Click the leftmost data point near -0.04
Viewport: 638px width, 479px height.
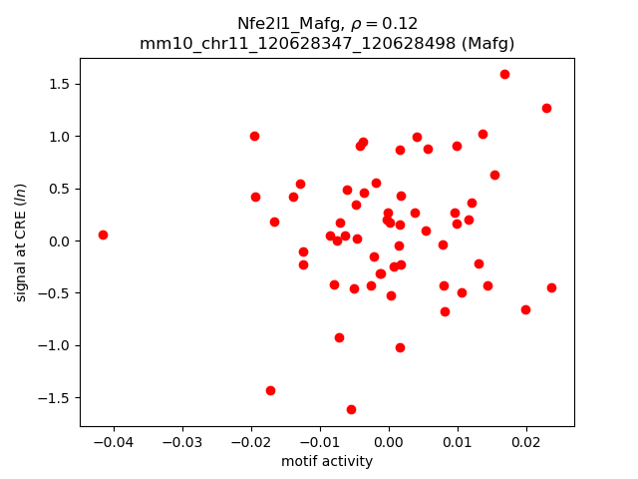pyautogui.click(x=103, y=235)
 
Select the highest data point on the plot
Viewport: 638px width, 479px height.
pyautogui.click(x=504, y=74)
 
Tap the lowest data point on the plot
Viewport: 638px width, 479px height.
pyautogui.click(x=351, y=409)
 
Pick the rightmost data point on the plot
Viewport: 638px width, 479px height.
pyautogui.click(x=551, y=287)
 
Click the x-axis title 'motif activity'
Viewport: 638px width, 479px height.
pyautogui.click(x=327, y=461)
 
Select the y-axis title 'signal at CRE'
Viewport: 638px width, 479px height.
pyautogui.click(x=21, y=241)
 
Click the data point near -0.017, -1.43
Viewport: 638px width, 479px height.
pyautogui.click(x=270, y=390)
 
